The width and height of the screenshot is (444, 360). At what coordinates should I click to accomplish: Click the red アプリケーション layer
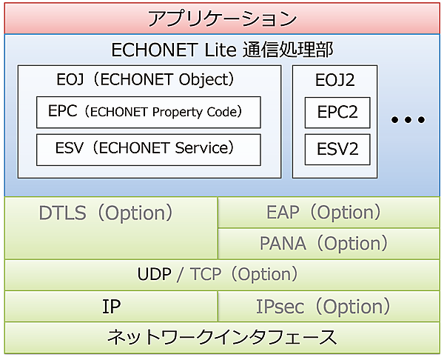click(x=222, y=18)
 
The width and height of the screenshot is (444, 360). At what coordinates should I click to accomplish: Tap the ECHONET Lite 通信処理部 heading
click(x=222, y=50)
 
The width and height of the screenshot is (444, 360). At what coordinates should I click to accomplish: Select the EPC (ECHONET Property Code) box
click(x=149, y=112)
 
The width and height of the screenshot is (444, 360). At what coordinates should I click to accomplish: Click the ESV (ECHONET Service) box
click(x=149, y=149)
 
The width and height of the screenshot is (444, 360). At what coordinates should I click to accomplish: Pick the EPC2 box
click(x=337, y=112)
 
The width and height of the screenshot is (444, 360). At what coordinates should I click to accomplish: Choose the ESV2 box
click(x=337, y=149)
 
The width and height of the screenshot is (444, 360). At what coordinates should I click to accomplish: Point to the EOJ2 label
click(x=335, y=79)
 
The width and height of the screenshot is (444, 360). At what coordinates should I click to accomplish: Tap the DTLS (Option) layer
click(x=106, y=214)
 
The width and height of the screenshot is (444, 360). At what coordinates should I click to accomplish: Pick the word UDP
click(x=154, y=274)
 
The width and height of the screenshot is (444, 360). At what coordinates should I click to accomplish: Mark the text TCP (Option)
click(x=243, y=274)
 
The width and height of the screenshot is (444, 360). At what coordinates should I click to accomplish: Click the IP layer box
click(x=111, y=306)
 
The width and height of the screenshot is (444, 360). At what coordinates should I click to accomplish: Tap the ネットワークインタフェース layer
click(x=222, y=337)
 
